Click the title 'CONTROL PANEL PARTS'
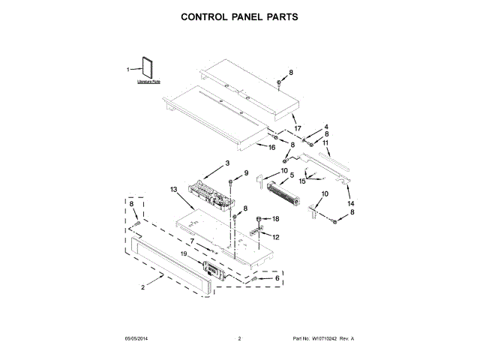click(239, 16)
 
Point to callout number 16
click(272, 148)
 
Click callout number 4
click(326, 127)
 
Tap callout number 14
click(349, 203)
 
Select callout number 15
click(303, 181)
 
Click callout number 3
click(227, 163)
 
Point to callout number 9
click(244, 174)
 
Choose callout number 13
click(174, 190)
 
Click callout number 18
click(274, 218)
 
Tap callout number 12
click(276, 237)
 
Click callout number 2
click(142, 287)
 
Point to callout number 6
click(277, 277)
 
